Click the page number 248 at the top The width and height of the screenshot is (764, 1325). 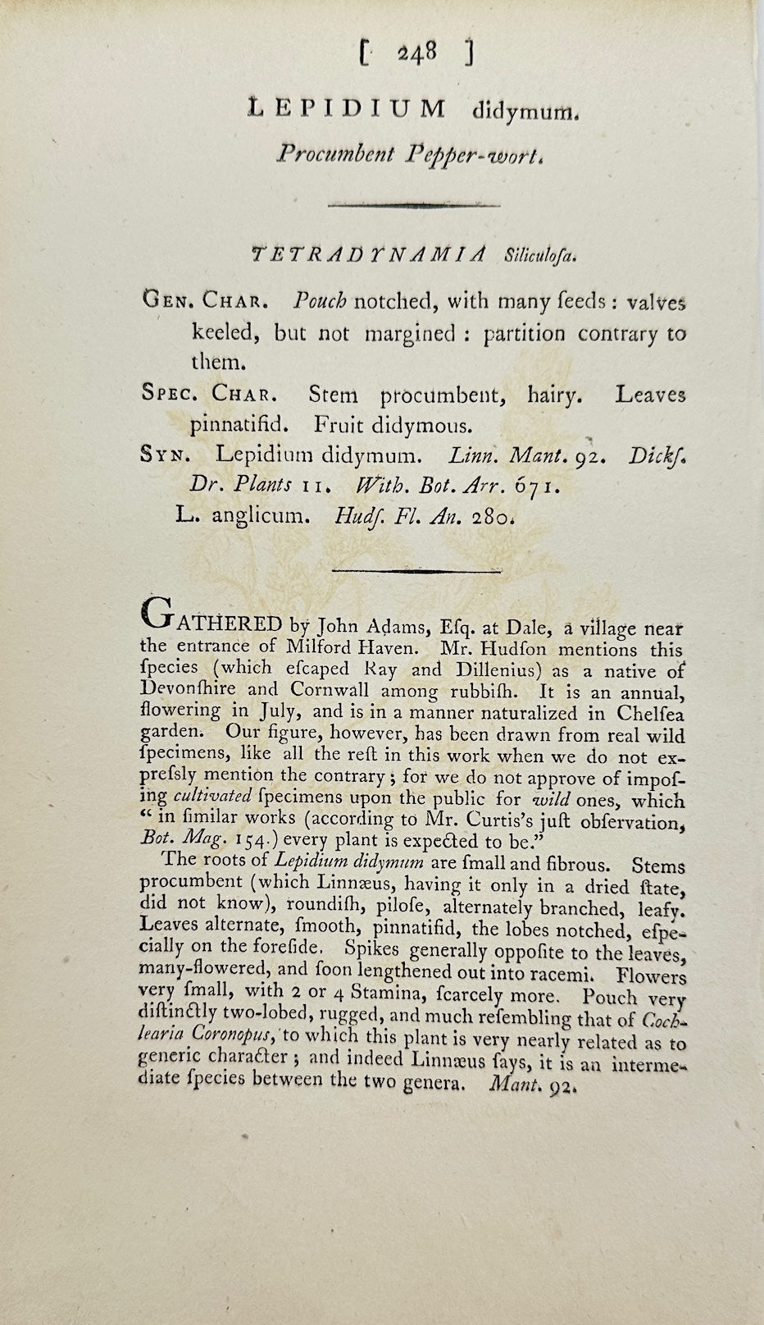pyautogui.click(x=416, y=54)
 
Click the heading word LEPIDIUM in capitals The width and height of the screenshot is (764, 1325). pyautogui.click(x=347, y=109)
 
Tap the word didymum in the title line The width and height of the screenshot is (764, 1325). pyautogui.click(x=515, y=111)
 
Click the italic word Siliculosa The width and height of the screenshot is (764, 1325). pyautogui.click(x=540, y=256)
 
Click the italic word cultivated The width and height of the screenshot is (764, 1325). pyautogui.click(x=211, y=797)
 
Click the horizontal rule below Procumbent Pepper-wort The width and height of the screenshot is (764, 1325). pyautogui.click(x=414, y=204)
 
